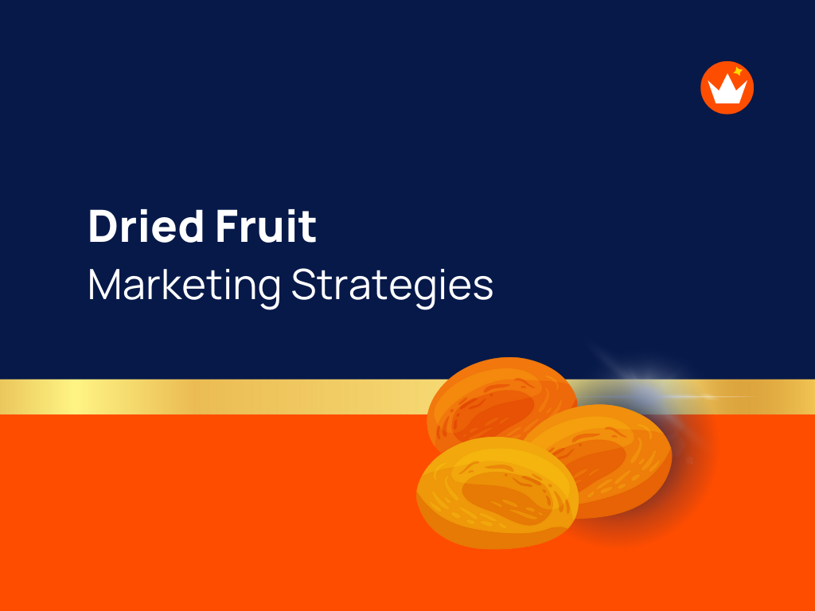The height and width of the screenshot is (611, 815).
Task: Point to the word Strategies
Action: click(x=392, y=285)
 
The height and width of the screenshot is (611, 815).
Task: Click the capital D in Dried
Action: click(x=101, y=227)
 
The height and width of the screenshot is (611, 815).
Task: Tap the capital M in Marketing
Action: click(x=103, y=284)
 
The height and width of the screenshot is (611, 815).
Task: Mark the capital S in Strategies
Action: click(x=302, y=284)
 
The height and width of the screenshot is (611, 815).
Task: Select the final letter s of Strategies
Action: click(x=485, y=287)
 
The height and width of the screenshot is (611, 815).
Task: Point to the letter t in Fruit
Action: click(x=309, y=228)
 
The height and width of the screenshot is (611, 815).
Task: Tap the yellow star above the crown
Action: click(x=738, y=72)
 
